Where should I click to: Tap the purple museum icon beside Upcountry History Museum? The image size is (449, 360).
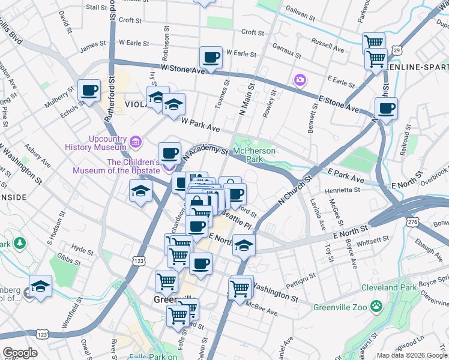[x=136, y=143]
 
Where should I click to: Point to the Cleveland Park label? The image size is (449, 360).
[x=388, y=287]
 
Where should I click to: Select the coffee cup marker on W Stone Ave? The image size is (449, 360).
[x=211, y=58]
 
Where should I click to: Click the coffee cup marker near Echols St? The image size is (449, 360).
[x=89, y=91]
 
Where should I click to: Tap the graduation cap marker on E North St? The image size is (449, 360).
[x=243, y=245]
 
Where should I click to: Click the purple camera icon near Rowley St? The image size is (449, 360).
[x=299, y=80]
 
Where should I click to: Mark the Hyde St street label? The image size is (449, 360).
[x=79, y=247]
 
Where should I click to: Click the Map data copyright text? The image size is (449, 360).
[x=411, y=355]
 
